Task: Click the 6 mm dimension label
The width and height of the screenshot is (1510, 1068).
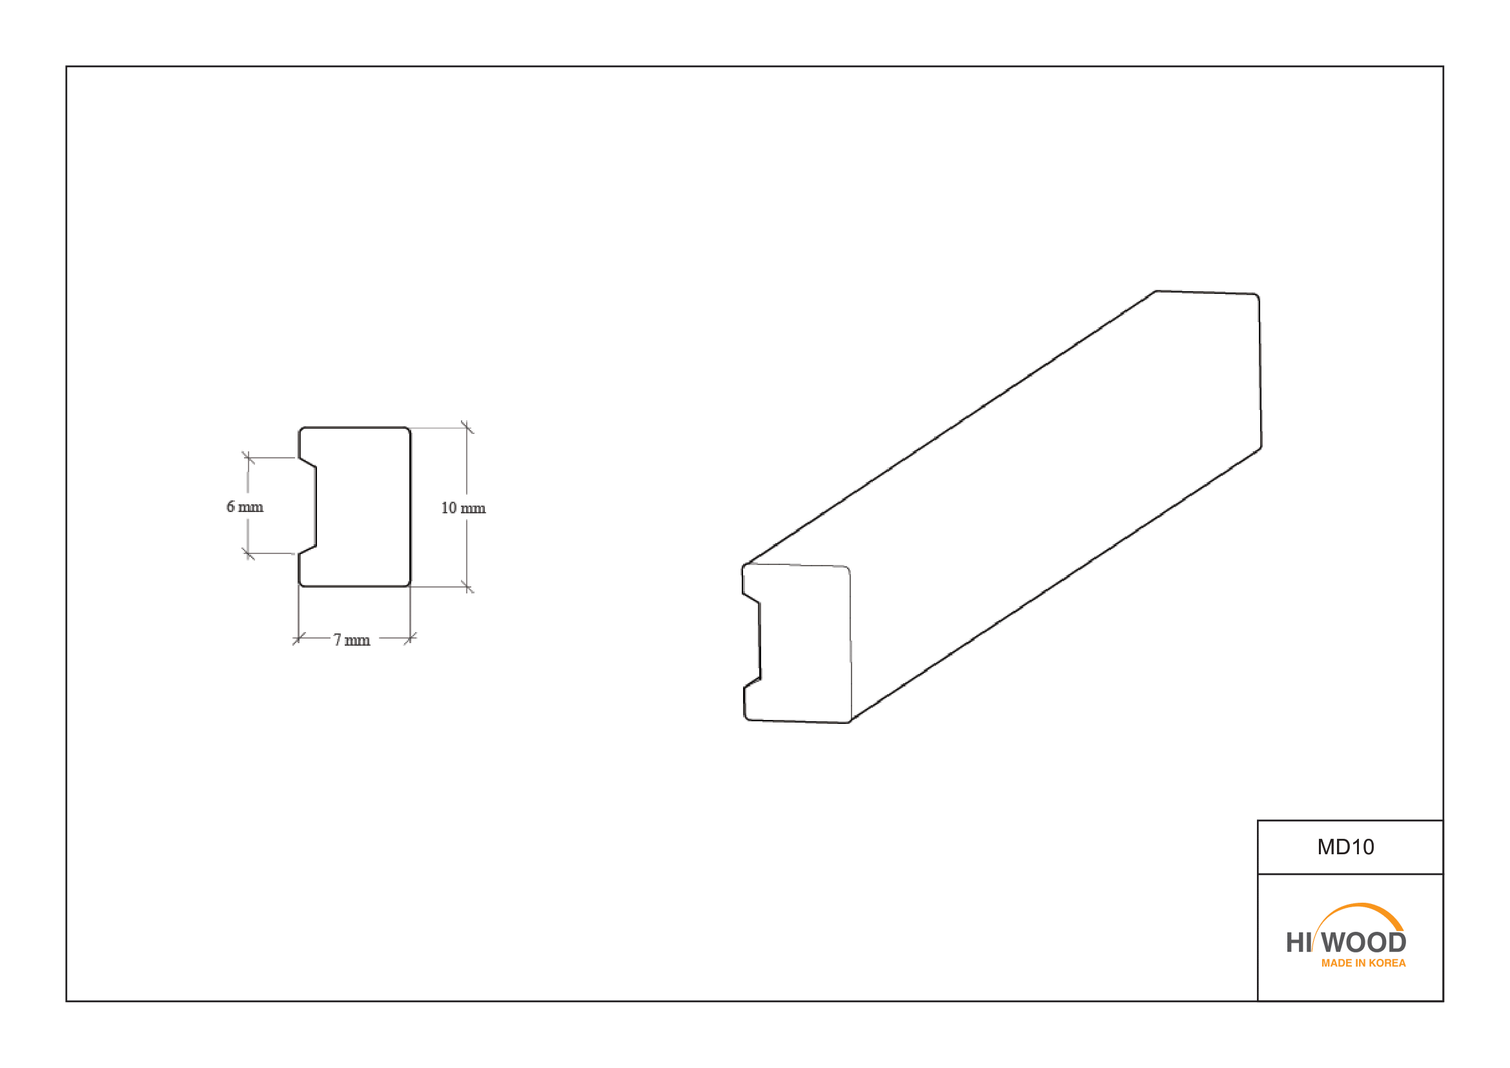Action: (245, 507)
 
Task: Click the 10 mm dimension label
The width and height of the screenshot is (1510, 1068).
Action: (464, 508)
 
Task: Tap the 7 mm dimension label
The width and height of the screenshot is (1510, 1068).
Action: (352, 641)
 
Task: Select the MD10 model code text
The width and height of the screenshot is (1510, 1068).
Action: (1345, 847)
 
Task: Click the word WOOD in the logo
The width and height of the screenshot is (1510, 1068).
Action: (1363, 943)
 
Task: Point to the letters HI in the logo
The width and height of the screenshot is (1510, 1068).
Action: (1299, 943)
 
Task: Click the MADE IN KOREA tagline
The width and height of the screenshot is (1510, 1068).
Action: (1363, 963)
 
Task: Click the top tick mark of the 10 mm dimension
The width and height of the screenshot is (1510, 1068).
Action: (467, 427)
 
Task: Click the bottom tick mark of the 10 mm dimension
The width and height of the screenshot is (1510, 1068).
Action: (467, 586)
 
